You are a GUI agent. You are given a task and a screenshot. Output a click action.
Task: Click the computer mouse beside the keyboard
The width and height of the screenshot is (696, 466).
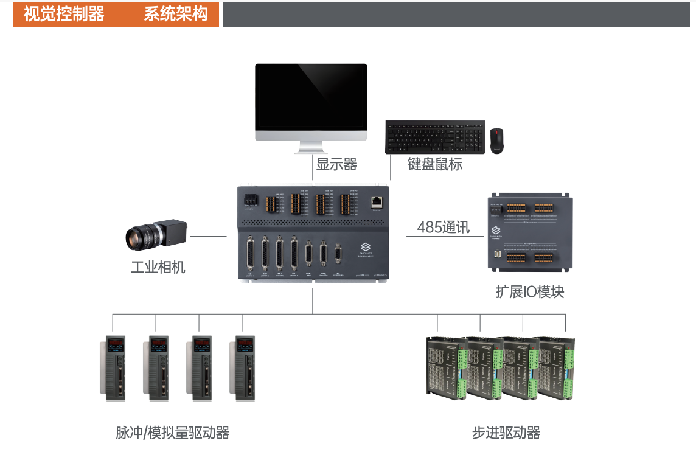click(x=498, y=141)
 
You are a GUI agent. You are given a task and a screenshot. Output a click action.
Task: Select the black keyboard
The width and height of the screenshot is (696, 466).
click(x=435, y=137)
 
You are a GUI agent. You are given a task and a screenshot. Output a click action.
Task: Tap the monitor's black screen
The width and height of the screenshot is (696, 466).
click(x=311, y=96)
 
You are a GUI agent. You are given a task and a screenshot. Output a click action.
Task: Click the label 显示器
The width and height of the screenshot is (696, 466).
click(x=336, y=164)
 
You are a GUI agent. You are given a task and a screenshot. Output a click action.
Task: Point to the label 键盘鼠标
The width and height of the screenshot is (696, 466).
click(x=435, y=164)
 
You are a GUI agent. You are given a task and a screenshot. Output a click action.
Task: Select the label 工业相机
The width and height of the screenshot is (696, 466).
click(x=158, y=267)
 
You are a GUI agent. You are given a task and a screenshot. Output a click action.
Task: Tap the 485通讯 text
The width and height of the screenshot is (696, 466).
click(x=444, y=228)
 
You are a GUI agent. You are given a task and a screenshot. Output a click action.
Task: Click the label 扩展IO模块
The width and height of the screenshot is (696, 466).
click(x=530, y=292)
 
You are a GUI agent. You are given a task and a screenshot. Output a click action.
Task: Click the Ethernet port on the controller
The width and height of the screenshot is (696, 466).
click(x=377, y=201)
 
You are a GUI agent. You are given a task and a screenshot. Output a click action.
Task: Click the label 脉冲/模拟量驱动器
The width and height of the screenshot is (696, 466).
click(x=172, y=433)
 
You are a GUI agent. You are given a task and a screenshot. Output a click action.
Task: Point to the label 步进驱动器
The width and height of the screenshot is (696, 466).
click(x=506, y=433)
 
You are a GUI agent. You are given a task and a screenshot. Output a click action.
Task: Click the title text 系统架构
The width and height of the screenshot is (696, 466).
click(x=176, y=15)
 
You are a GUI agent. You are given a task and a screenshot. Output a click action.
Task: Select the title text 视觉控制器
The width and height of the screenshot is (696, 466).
click(x=64, y=15)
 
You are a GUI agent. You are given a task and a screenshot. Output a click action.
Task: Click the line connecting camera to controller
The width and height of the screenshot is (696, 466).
click(x=209, y=236)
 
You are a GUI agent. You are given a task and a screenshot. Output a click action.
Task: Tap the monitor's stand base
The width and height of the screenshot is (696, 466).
click(x=311, y=150)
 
